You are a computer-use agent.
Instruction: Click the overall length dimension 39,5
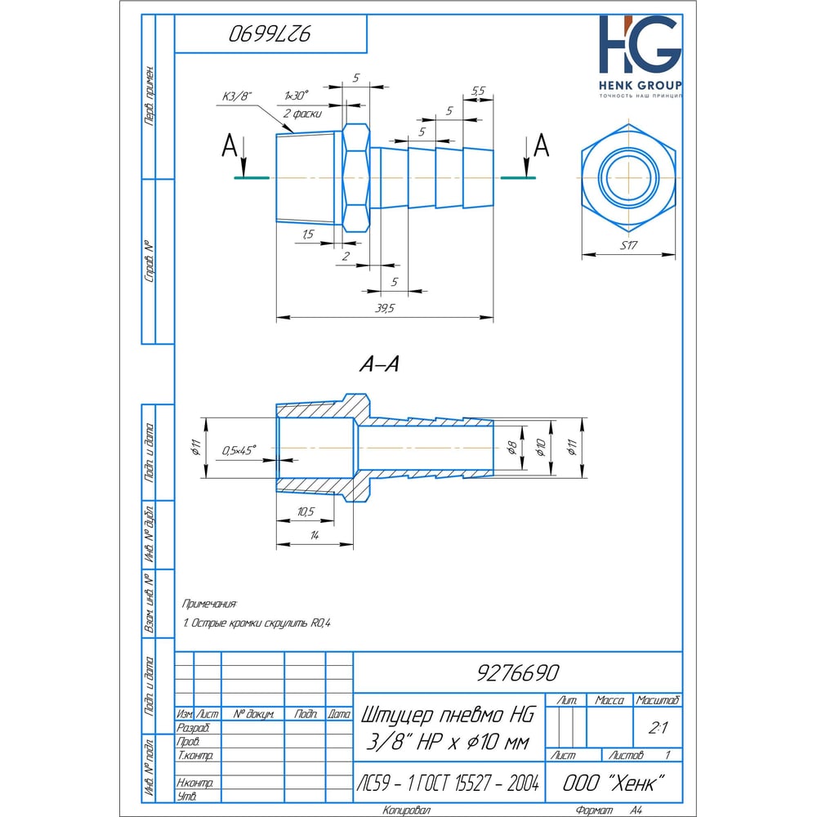(383, 308)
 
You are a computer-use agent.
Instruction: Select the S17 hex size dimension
(628, 245)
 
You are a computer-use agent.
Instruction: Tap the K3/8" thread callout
(238, 96)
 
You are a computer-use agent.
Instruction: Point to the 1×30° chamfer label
(297, 96)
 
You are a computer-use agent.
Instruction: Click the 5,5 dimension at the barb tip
(480, 90)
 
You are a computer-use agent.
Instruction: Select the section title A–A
(379, 365)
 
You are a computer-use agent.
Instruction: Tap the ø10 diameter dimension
(539, 448)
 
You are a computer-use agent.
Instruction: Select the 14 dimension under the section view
(313, 535)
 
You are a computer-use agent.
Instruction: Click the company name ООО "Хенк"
(611, 782)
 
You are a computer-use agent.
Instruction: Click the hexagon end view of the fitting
(628, 177)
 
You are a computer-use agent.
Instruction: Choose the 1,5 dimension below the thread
(308, 234)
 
